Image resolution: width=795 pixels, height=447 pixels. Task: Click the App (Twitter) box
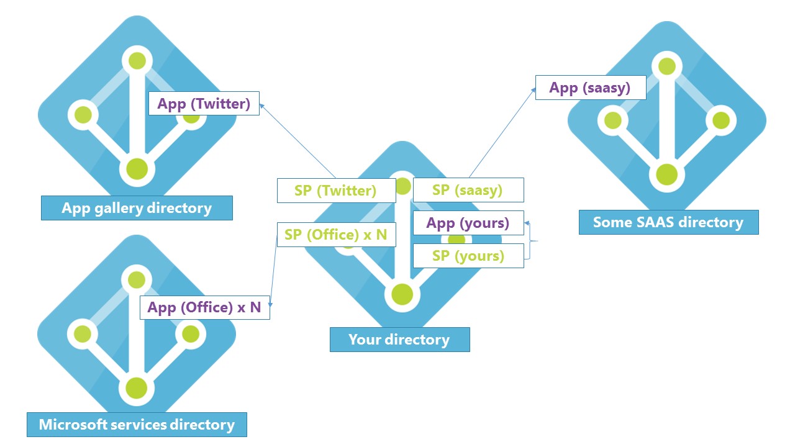point(204,103)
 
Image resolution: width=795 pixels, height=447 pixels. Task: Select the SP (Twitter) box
point(336,191)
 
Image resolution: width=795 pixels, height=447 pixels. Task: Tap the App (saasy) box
point(590,88)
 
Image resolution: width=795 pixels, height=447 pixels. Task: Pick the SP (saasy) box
point(468,190)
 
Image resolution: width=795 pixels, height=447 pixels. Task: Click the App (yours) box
point(468,223)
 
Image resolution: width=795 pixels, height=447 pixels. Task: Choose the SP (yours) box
point(468,256)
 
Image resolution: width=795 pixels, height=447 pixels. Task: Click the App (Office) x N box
point(204,307)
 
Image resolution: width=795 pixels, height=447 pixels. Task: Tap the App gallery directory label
point(137,208)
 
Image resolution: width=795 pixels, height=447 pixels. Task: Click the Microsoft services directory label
point(137,425)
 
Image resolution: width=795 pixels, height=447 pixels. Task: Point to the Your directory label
point(399,340)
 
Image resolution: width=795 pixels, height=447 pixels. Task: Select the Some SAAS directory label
point(668,222)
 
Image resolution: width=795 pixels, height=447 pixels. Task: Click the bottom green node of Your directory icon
point(402,294)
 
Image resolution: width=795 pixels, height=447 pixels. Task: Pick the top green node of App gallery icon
point(137,61)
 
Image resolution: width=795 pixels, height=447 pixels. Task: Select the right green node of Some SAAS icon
point(720,120)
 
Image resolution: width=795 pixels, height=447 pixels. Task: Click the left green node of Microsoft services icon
point(83,334)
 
